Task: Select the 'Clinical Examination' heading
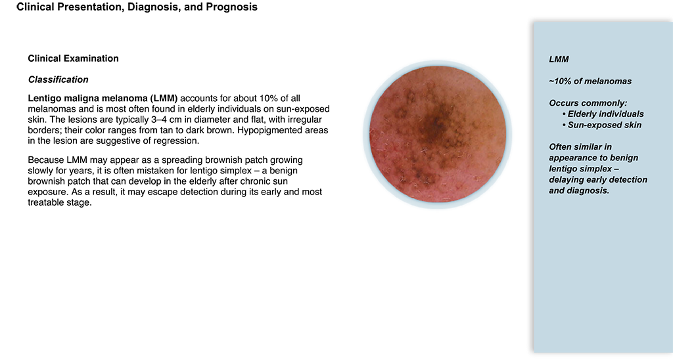[74, 58]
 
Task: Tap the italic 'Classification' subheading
[58, 79]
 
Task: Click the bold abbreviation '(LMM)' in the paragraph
[164, 99]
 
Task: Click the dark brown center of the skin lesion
[435, 124]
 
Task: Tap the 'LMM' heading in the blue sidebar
[559, 60]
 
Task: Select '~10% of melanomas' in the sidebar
[590, 81]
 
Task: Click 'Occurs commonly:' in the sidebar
[588, 103]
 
